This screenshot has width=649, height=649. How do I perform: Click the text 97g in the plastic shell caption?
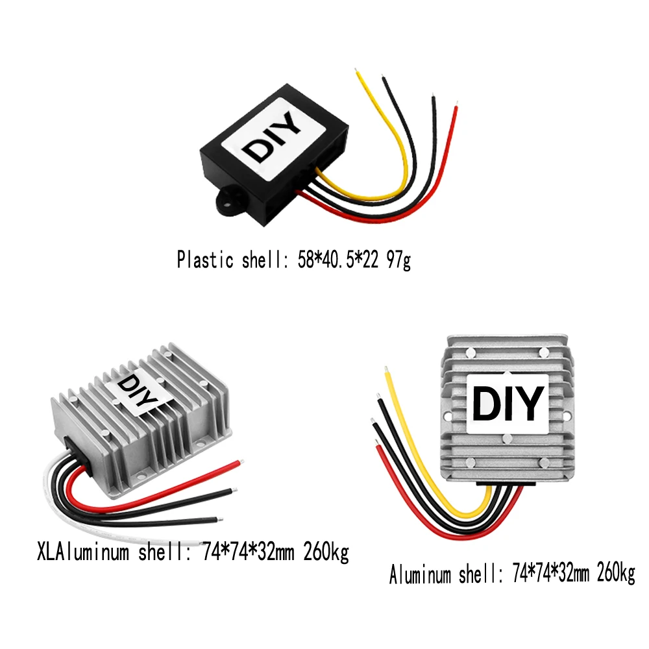[398, 260]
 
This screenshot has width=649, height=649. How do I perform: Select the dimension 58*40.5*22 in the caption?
[335, 260]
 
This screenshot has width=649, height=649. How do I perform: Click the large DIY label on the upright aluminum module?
[507, 404]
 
